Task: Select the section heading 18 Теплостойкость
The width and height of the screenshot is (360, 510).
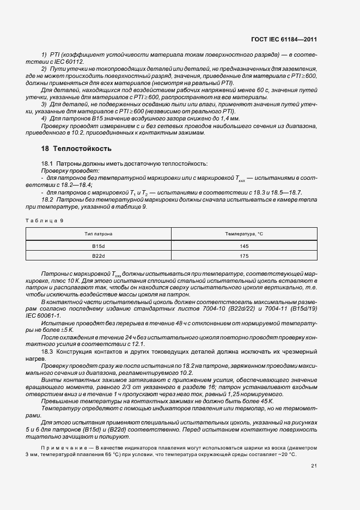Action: click(x=76, y=148)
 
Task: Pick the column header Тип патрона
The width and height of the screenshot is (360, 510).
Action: click(x=99, y=234)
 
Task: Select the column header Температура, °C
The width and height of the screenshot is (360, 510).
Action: click(x=244, y=234)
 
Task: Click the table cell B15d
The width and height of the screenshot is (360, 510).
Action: click(x=99, y=246)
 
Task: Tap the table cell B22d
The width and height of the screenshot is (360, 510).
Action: click(x=99, y=256)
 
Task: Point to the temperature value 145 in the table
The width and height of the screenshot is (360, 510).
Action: click(x=244, y=246)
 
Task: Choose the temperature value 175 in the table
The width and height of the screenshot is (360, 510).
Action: click(x=244, y=256)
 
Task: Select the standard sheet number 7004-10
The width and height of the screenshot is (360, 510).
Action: click(x=218, y=308)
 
